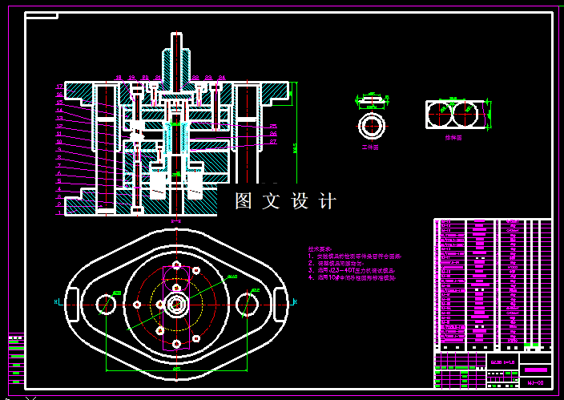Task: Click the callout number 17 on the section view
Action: point(58,87)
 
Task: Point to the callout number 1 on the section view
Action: point(58,213)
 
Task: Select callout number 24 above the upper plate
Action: point(222,78)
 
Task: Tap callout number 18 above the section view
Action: point(119,78)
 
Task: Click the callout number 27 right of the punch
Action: point(273,142)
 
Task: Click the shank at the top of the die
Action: point(177,56)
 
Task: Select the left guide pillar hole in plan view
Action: point(106,304)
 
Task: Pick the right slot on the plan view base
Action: point(280,301)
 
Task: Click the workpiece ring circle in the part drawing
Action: point(371,126)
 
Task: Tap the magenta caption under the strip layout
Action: point(454,138)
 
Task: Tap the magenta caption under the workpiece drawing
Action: point(370,147)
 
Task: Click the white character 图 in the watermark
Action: point(244,201)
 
